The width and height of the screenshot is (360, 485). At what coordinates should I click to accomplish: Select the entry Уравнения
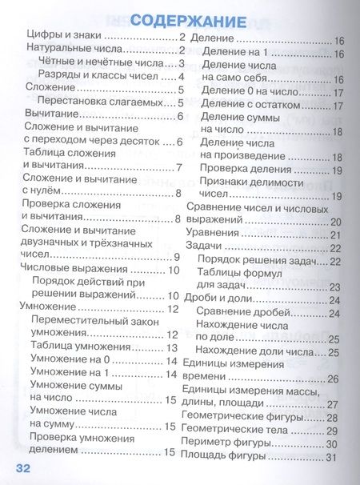[212, 234]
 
